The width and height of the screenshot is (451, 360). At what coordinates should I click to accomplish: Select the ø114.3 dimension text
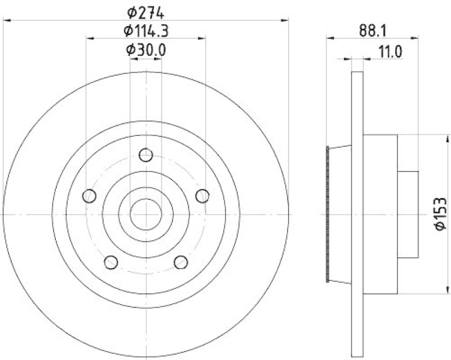[x=145, y=30]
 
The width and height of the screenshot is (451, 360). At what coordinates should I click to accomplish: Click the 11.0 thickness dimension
[x=389, y=52]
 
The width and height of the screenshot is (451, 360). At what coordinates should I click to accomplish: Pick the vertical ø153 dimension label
[x=440, y=213]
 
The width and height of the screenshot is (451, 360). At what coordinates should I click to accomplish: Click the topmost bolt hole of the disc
[x=146, y=154]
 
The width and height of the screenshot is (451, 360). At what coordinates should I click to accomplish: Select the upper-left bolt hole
[x=89, y=196]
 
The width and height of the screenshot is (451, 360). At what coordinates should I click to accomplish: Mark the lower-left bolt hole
[x=111, y=262]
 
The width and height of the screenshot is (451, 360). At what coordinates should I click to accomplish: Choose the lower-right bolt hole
[x=181, y=262]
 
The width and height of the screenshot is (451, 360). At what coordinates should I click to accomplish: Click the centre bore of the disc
[x=146, y=214]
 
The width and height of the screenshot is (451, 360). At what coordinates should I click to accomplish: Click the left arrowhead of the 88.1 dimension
[x=330, y=38]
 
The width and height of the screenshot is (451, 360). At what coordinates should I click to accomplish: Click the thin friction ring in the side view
[x=357, y=214]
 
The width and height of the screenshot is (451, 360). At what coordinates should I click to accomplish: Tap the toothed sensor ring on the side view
[x=328, y=214]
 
